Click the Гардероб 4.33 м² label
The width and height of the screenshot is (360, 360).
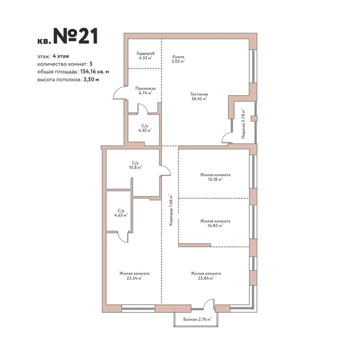pyautogui.click(x=145, y=55)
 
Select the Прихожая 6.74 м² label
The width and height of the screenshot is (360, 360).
pyautogui.click(x=145, y=91)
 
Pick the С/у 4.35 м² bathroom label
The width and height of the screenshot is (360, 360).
pyautogui.click(x=144, y=128)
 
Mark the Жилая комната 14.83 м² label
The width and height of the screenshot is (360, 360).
pyautogui.click(x=216, y=223)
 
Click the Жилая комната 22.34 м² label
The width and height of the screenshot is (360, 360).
pyautogui.click(x=134, y=275)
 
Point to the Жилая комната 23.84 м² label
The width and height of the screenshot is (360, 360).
pyautogui.click(x=206, y=275)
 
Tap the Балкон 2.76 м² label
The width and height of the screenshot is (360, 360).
pyautogui.click(x=197, y=319)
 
